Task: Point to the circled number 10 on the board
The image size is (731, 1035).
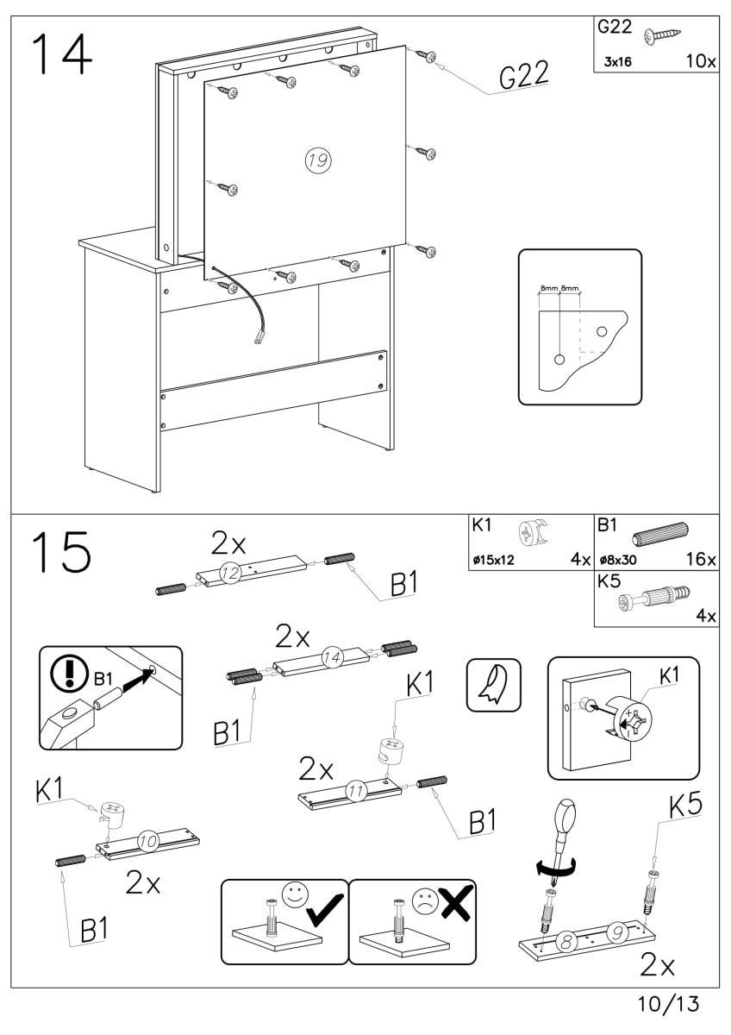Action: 147,837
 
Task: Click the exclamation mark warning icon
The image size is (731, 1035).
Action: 66,669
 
